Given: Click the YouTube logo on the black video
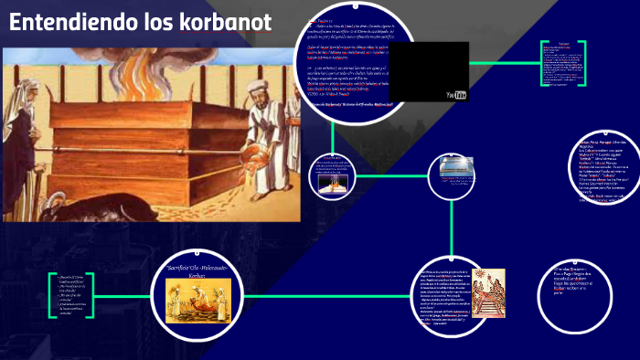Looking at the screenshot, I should tap(455, 94).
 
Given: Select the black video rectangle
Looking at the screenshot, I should tap(428, 71).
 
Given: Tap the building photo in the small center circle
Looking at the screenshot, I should tap(456, 169).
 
